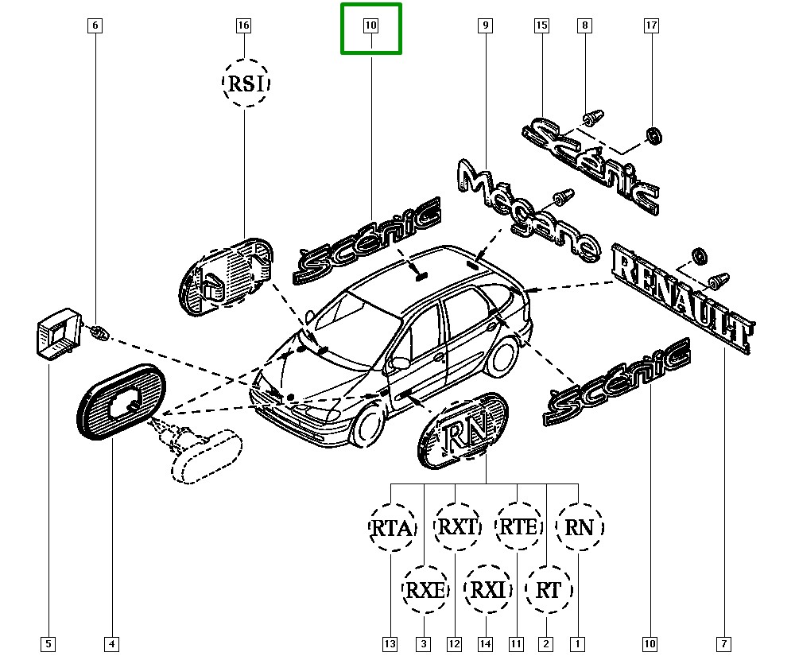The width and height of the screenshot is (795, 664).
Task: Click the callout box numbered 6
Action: pyautogui.click(x=95, y=26)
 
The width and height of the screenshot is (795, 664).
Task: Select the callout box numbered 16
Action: pyautogui.click(x=244, y=26)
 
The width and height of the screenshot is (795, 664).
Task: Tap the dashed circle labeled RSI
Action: pyautogui.click(x=246, y=83)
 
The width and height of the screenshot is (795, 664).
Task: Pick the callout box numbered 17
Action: pyautogui.click(x=651, y=26)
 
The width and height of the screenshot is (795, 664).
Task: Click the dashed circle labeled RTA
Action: pyautogui.click(x=393, y=527)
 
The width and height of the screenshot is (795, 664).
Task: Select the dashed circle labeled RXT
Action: pyautogui.click(x=458, y=526)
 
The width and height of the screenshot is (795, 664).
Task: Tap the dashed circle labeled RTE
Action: pyautogui.click(x=518, y=526)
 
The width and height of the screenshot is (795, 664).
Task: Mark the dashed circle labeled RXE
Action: pyautogui.click(x=425, y=590)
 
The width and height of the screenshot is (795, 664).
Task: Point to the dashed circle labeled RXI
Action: pyautogui.click(x=487, y=590)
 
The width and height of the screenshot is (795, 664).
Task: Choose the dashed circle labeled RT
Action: pyautogui.click(x=549, y=590)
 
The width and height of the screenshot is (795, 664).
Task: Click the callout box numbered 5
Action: pyautogui.click(x=48, y=643)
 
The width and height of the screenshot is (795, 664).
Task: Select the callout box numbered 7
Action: pyautogui.click(x=726, y=643)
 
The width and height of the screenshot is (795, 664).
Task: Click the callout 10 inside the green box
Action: pyautogui.click(x=371, y=26)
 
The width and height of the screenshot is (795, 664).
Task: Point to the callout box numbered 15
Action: pyautogui.click(x=541, y=26)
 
